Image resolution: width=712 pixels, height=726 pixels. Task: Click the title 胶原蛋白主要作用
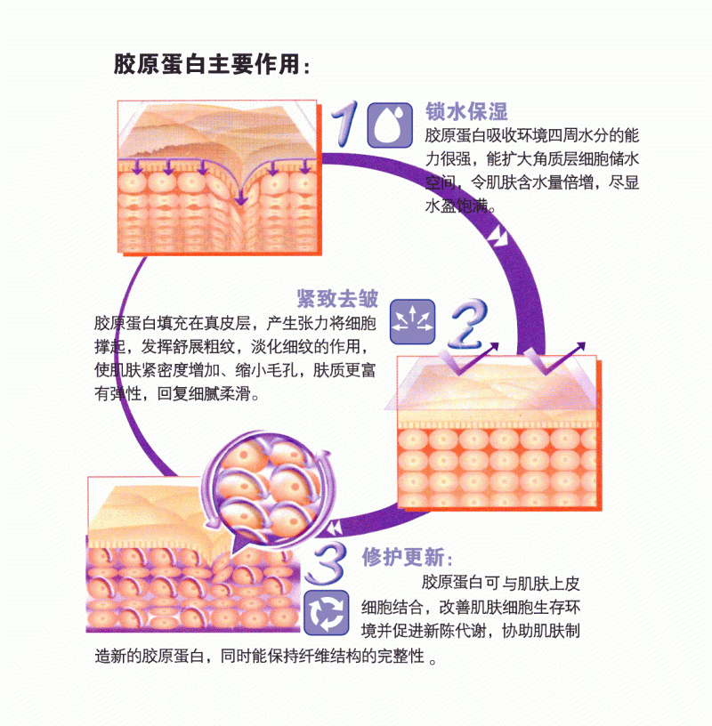[x=212, y=64]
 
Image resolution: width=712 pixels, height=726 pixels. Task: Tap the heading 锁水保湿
[x=466, y=112]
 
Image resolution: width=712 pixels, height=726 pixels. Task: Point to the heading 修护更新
[x=406, y=558]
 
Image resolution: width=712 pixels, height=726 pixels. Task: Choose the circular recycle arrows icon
[x=326, y=613]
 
